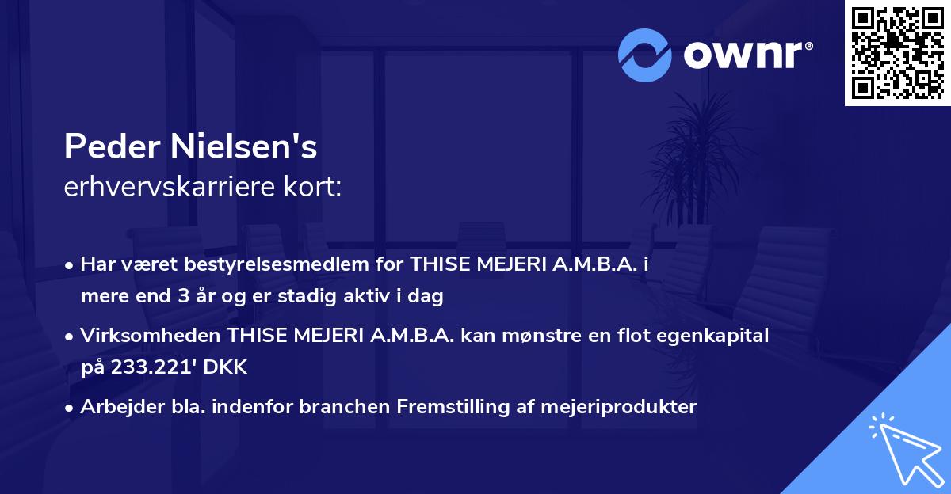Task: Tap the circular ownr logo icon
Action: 644,55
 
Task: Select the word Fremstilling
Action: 444,407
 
